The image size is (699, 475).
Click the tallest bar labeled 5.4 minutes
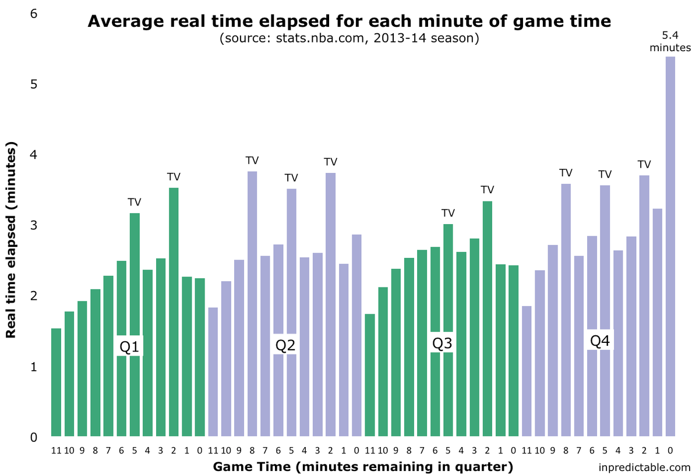[x=670, y=246]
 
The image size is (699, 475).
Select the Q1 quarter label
[x=129, y=346]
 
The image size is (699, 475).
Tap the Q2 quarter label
[x=285, y=345]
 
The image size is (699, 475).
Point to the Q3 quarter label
[x=442, y=343]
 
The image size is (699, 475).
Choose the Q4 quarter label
[x=600, y=341]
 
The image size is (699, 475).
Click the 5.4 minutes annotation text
[x=670, y=41]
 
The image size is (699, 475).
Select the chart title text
[x=349, y=21]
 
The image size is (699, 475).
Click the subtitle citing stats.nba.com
[x=349, y=38]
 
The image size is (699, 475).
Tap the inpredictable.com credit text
[x=644, y=467]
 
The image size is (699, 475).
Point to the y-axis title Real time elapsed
[x=10, y=240]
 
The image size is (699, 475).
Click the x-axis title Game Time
[x=363, y=467]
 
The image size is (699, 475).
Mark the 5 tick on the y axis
[x=34, y=84]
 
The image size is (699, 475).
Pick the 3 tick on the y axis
[x=34, y=225]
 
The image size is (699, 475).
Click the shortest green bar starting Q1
[x=56, y=382]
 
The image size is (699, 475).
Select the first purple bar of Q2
[x=213, y=372]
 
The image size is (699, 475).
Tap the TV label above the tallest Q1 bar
[x=174, y=177]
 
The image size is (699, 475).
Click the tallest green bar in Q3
[x=488, y=319]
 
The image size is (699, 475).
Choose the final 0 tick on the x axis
[x=670, y=451]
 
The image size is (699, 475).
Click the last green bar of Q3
[x=514, y=351]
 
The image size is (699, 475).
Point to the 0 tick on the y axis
[x=34, y=438]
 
